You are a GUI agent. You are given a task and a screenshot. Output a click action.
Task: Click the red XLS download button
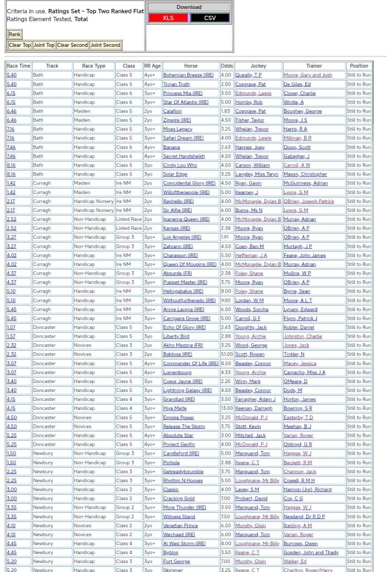(168, 18)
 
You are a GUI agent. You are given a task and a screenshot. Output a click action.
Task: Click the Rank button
(15, 35)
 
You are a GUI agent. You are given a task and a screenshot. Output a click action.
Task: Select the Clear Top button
(20, 45)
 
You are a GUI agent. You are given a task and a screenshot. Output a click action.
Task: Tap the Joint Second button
(105, 45)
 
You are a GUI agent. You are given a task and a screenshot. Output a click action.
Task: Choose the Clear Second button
(72, 45)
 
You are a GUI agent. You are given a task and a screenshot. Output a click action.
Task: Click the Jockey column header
(258, 66)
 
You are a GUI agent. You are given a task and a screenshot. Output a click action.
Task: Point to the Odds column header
(226, 66)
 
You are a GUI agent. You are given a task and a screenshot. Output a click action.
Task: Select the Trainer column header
(314, 66)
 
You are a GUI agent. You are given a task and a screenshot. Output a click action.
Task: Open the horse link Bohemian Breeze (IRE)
(188, 75)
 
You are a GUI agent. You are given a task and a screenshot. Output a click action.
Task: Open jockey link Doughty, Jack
(251, 327)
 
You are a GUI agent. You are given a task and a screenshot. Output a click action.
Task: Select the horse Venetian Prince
(180, 526)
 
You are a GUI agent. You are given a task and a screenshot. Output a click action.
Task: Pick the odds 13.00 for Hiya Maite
(226, 408)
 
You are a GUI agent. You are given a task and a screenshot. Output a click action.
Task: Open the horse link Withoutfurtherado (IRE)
(189, 300)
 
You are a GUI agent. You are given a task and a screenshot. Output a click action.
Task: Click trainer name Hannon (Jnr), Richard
(307, 489)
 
